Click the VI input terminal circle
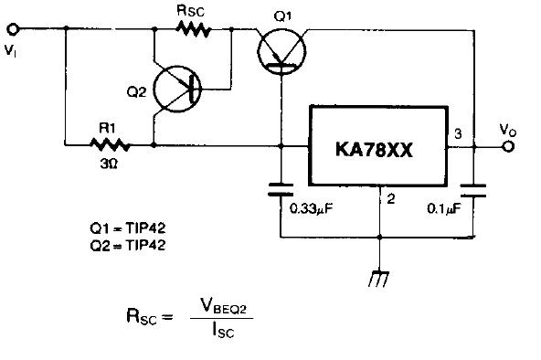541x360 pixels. tap(13, 29)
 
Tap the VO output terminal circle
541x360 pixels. tap(507, 146)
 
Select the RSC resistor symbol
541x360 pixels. tap(193, 29)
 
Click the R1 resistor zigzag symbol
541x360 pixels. tap(110, 145)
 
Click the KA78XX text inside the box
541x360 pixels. tap(374, 150)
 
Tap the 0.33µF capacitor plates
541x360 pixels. tap(281, 190)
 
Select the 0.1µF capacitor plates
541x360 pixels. tap(473, 191)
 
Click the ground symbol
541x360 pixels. tap(379, 279)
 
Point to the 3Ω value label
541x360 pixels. tap(109, 164)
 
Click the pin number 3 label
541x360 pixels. tap(458, 133)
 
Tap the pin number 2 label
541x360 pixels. tap(390, 199)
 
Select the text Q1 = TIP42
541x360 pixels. tap(128, 228)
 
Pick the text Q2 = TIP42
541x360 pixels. tap(128, 245)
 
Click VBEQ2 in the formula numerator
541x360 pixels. tap(223, 305)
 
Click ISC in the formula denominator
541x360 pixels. tap(223, 330)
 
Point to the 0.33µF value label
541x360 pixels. tap(312, 209)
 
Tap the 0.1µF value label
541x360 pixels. tap(444, 209)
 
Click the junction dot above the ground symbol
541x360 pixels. tap(379, 238)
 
